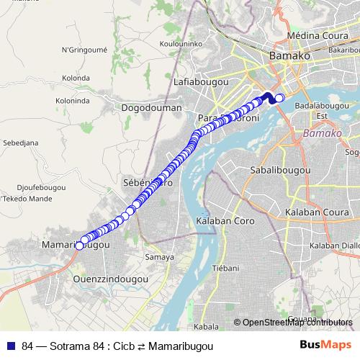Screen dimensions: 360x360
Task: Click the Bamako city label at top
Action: pyautogui.click(x=288, y=55)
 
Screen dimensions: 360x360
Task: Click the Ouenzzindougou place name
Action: pyautogui.click(x=111, y=278)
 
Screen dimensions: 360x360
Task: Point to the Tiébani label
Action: pyautogui.click(x=225, y=269)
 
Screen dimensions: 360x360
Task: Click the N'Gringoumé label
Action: pyautogui.click(x=84, y=50)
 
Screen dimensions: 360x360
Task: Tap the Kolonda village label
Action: pyautogui.click(x=76, y=78)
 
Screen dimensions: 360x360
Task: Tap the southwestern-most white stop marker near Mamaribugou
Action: pyautogui.click(x=79, y=246)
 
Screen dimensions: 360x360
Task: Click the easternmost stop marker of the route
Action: pyautogui.click(x=280, y=99)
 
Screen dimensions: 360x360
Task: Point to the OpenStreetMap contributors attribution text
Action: pyautogui.click(x=297, y=323)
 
